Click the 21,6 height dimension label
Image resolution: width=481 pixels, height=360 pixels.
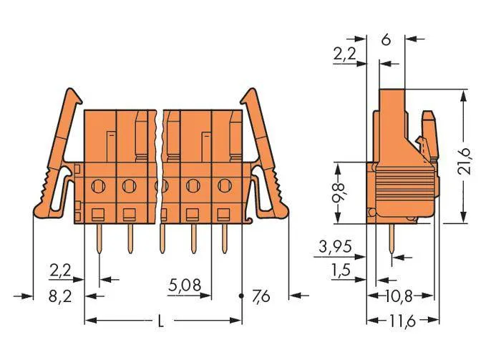[x=464, y=161]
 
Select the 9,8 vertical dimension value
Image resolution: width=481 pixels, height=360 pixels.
[x=339, y=193]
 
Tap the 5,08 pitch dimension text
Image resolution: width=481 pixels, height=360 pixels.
[x=185, y=285]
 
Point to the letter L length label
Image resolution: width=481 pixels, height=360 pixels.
[x=160, y=321]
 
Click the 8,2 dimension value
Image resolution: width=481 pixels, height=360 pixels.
[x=60, y=296]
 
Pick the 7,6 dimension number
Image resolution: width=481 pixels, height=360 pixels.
[x=261, y=296]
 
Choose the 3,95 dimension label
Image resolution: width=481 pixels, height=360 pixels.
[x=335, y=246]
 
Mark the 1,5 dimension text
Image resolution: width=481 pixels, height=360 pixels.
[x=341, y=270]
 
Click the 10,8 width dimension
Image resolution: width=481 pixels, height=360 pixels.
[x=399, y=296]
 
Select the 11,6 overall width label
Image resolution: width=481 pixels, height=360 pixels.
[x=403, y=321]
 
